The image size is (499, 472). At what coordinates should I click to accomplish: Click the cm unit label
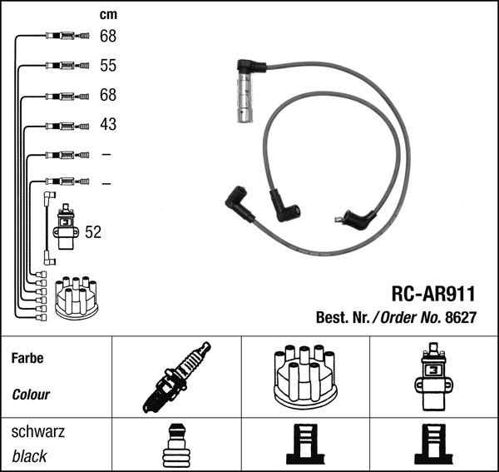(x=108, y=15)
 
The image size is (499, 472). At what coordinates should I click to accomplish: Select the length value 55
(x=108, y=66)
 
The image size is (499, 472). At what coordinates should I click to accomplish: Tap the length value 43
(x=108, y=125)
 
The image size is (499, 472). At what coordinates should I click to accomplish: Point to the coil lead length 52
(x=93, y=233)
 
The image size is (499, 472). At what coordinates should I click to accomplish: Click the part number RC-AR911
(x=432, y=293)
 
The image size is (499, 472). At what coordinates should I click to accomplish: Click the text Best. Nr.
(x=343, y=317)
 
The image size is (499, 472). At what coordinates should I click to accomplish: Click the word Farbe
(x=27, y=359)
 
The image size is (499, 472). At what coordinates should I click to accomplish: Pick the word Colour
(x=31, y=395)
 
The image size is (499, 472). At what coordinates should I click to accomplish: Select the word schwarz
(x=37, y=433)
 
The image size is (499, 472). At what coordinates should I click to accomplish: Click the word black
(x=29, y=456)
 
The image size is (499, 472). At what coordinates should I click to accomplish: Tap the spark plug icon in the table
(x=176, y=377)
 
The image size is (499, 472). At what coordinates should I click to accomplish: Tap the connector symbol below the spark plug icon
(x=175, y=446)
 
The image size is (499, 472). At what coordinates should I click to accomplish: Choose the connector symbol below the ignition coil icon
(x=433, y=445)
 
